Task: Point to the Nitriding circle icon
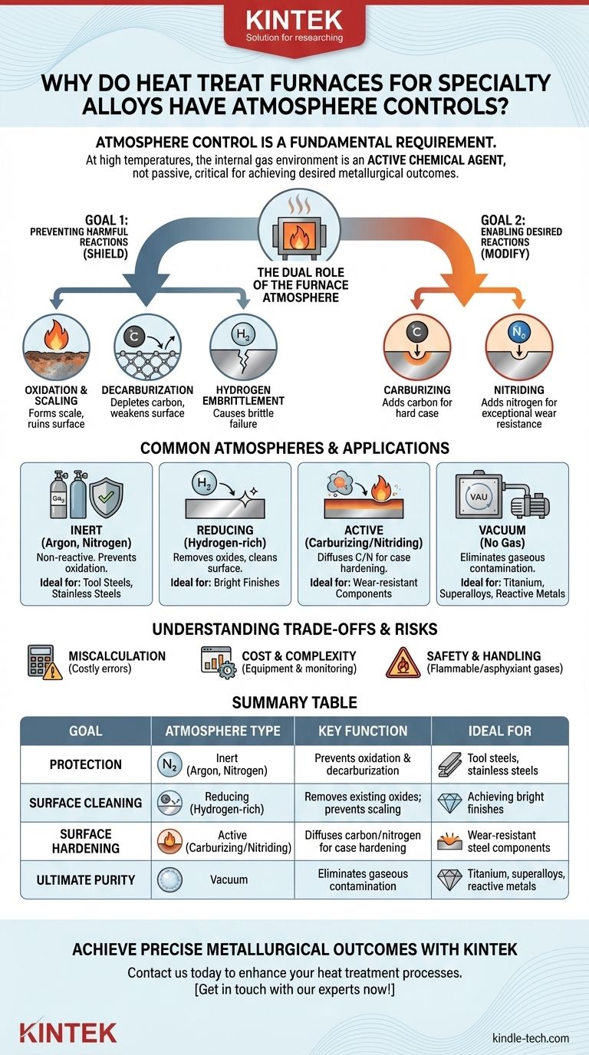pyautogui.click(x=518, y=343)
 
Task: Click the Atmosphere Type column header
pyautogui.click(x=222, y=731)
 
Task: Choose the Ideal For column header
pyautogui.click(x=499, y=731)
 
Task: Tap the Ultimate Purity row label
pyautogui.click(x=86, y=879)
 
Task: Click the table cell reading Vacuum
pyautogui.click(x=229, y=879)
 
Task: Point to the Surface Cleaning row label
pyautogui.click(x=86, y=803)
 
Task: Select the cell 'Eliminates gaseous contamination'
pyautogui.click(x=363, y=879)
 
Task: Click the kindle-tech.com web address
pyautogui.click(x=531, y=1037)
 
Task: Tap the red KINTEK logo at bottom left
pyautogui.click(x=68, y=1032)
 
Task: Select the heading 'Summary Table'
pyautogui.click(x=294, y=702)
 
